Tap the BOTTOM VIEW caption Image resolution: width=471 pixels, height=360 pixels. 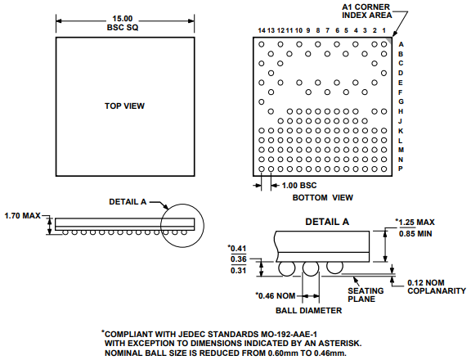coord(322,197)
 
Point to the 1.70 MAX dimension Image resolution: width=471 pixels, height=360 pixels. coord(22,216)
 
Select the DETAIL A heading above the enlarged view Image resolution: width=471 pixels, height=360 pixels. coord(327,223)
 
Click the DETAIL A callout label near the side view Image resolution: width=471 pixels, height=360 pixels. coord(128,201)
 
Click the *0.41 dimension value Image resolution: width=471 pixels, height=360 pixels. coord(239,248)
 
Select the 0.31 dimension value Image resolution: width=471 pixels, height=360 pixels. coord(240,271)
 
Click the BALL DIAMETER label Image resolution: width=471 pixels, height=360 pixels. coord(310,310)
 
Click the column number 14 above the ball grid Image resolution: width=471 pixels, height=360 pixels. coord(261,30)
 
